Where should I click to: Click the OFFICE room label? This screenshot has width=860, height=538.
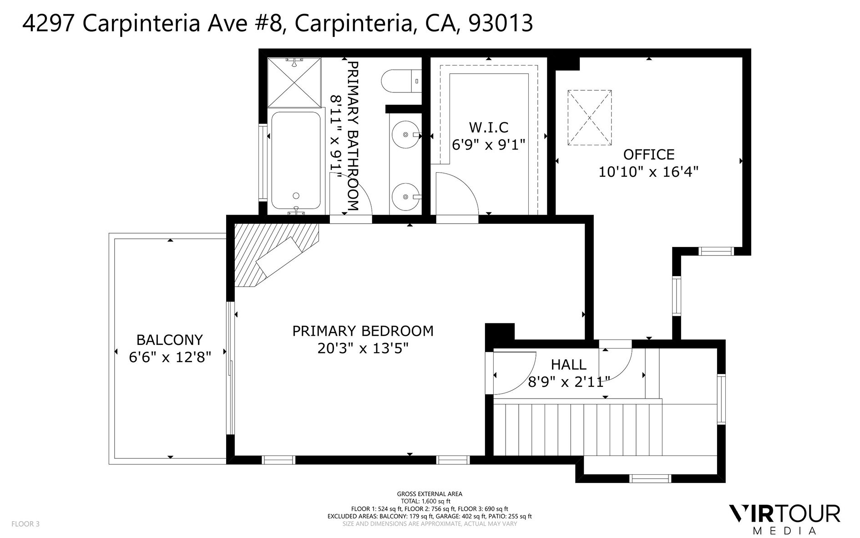[x=648, y=154]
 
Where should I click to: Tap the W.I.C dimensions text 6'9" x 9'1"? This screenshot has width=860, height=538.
[x=488, y=144]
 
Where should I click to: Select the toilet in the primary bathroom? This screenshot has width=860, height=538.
[x=400, y=81]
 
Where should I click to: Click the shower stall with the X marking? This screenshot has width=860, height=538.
[x=294, y=82]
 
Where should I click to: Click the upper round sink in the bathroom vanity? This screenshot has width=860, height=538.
[x=405, y=135]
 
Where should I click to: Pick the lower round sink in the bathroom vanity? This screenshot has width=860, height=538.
[x=405, y=197]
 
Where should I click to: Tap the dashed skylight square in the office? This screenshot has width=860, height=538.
[x=589, y=118]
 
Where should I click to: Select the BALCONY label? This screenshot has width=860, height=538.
[x=169, y=340]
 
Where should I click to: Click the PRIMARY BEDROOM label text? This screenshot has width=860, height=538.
[x=363, y=331]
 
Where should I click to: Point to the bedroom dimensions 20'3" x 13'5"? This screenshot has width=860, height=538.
[x=363, y=348]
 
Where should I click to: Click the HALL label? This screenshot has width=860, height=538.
[x=568, y=364]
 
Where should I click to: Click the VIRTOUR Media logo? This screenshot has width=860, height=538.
[x=784, y=518]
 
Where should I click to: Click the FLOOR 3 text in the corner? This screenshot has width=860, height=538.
[x=25, y=524]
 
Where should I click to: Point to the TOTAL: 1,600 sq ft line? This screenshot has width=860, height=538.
[x=429, y=501]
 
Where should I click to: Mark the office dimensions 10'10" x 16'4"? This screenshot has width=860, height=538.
[x=648, y=172]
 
